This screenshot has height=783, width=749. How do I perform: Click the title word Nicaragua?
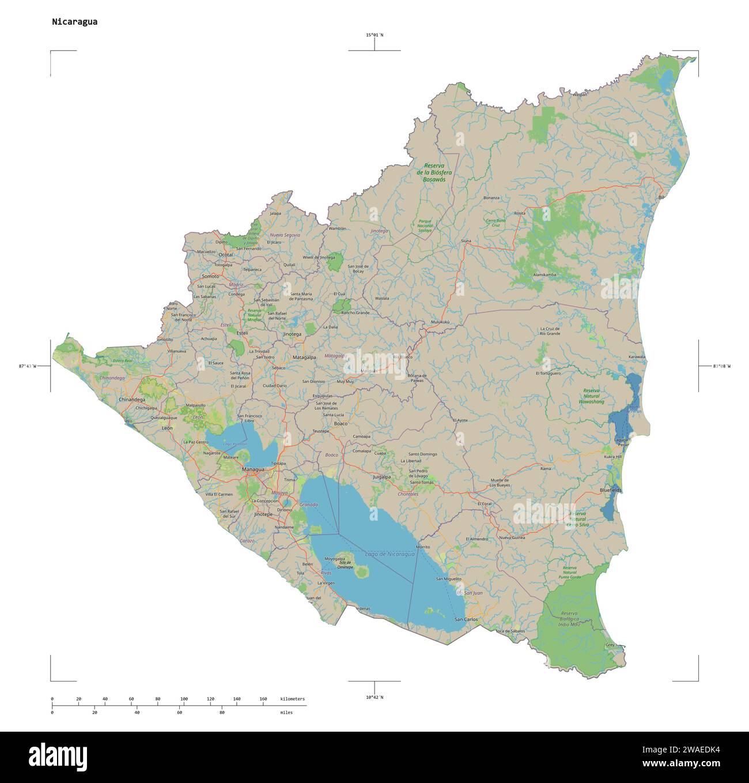(74, 22)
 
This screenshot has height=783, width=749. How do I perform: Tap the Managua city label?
(253, 469)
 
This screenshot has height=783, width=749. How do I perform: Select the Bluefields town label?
(611, 490)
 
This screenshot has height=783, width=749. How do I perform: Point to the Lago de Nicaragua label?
(390, 554)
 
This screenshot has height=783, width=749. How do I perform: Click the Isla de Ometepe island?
(362, 571)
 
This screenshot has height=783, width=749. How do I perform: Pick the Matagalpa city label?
(304, 357)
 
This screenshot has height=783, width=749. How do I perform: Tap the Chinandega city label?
(132, 399)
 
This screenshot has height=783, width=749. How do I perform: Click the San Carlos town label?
(466, 619)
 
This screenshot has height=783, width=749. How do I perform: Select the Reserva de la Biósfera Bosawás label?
(434, 172)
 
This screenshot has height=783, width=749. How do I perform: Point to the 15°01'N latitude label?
(374, 35)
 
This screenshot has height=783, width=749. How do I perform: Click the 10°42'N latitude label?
(374, 697)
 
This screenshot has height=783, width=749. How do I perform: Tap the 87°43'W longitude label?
(27, 366)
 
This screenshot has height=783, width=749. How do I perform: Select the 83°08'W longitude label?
(721, 366)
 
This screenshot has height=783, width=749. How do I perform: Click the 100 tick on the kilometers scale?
(184, 699)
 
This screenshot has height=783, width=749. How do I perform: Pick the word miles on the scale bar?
(286, 713)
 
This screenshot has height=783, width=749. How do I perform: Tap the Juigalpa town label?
(381, 477)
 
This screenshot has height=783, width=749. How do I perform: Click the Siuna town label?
(466, 240)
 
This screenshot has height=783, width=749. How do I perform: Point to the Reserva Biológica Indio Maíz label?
(569, 618)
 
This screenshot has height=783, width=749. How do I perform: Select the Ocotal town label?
(225, 254)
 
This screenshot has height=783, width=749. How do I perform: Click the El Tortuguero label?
(548, 373)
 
